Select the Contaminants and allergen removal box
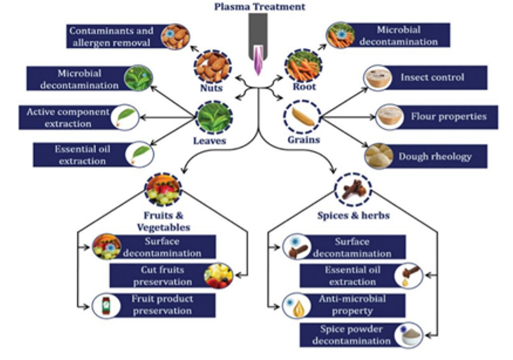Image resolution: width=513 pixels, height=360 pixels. pos(111,36)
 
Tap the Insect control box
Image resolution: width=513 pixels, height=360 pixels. pos(432,78)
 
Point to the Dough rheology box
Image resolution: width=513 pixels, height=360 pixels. pos(433,156)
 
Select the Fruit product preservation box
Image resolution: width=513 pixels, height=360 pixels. pos(162,305)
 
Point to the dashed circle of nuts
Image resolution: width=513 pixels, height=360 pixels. pos(210,64)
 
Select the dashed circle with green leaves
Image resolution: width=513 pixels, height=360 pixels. pos(211,118)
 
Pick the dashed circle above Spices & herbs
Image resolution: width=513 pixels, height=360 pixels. pos(352,189)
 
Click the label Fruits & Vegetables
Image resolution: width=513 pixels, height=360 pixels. pos(164,221)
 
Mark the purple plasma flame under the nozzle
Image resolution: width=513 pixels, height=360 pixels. pos(258,63)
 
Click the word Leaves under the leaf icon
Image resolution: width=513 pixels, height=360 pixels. pos(211,141)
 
